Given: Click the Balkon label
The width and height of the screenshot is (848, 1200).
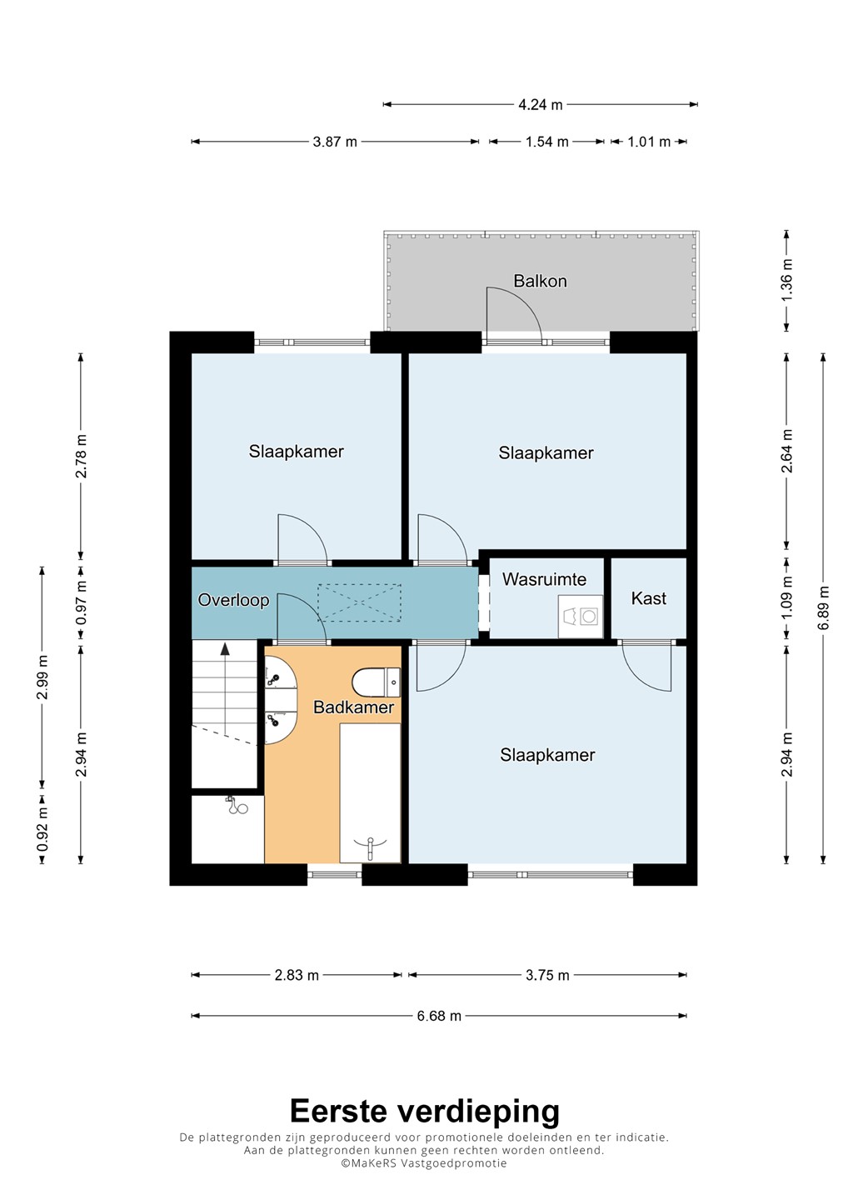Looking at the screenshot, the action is [x=540, y=282].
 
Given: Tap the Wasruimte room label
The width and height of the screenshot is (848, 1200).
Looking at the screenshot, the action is [x=544, y=579].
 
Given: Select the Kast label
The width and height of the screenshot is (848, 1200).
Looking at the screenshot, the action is [x=648, y=597].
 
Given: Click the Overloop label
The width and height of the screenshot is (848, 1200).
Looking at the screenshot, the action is [x=233, y=600].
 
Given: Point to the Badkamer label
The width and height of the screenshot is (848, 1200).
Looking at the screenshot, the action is [x=353, y=707].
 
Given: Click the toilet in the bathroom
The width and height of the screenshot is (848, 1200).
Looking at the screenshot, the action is [x=376, y=682].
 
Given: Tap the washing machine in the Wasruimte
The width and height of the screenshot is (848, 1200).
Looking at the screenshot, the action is [x=581, y=616].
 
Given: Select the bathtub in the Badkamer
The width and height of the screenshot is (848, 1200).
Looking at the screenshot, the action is [x=370, y=793].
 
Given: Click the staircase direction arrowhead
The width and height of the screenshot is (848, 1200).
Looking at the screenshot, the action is [x=225, y=649].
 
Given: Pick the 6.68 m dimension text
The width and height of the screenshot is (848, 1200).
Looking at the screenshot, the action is [x=439, y=1016].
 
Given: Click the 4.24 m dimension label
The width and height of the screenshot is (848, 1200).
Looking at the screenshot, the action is [x=540, y=104].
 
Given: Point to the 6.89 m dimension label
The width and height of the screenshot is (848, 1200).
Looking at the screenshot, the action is [x=823, y=608].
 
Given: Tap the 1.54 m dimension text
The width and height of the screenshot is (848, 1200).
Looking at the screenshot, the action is [x=546, y=142].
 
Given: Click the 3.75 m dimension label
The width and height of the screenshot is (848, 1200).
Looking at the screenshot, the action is [x=547, y=975].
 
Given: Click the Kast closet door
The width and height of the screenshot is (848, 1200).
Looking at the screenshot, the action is [x=646, y=666].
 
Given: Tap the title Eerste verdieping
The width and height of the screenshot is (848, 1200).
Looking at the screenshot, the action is [x=425, y=1111].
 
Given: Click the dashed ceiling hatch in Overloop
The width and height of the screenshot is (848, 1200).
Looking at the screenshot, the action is [x=359, y=602].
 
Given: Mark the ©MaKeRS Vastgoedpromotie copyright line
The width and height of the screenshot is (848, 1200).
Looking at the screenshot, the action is [x=424, y=1163].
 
